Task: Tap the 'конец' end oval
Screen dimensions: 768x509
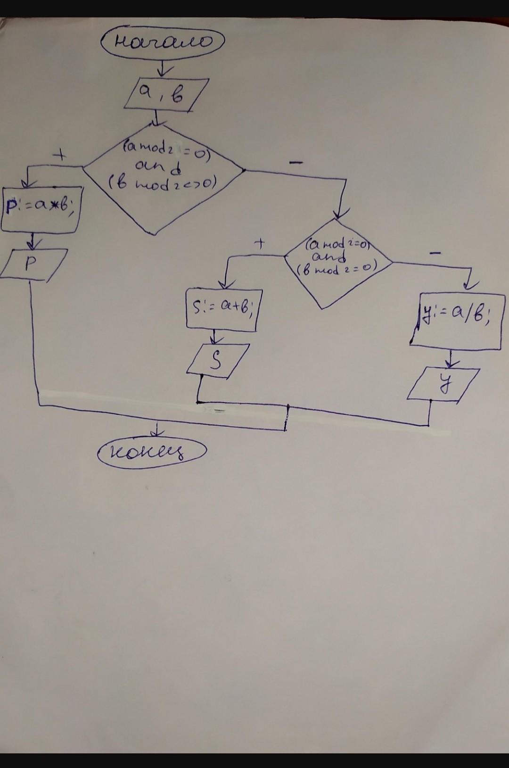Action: point(152,452)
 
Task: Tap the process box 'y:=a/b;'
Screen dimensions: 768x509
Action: point(456,322)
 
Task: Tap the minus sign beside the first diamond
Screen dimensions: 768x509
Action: point(296,163)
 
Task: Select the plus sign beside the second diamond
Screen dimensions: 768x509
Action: point(260,243)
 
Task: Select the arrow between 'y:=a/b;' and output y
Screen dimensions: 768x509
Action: point(452,359)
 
